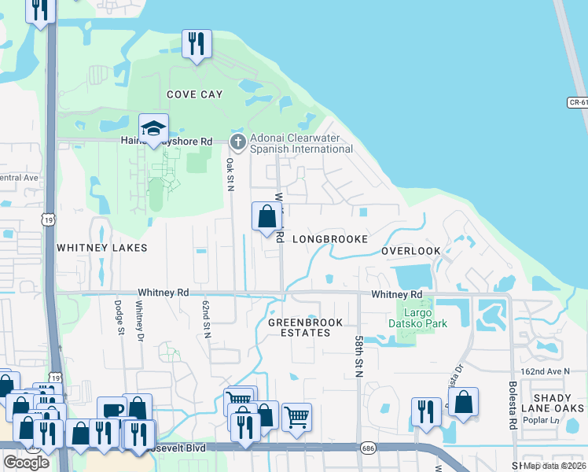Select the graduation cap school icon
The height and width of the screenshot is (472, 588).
pos(154,129)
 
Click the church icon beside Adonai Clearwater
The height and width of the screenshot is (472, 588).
pos(238,142)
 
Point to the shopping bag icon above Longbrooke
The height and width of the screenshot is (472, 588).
pos(266,216)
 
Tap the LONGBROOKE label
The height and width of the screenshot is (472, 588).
pos(330,238)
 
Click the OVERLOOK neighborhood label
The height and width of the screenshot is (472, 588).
pos(411,251)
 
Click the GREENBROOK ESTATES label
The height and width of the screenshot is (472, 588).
pos(300,327)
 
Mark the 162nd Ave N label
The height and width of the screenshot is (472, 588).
pos(544,371)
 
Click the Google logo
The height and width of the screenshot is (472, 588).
pos(26,462)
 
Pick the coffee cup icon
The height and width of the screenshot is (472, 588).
pos(112,411)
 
